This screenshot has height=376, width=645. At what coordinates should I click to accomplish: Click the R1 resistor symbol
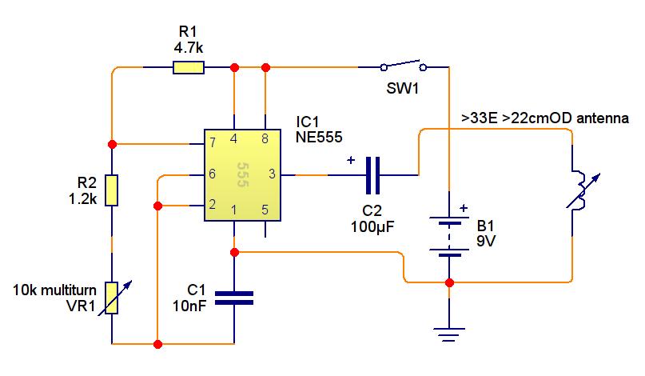point(189,67)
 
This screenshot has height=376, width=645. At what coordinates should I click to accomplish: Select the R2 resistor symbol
point(111,190)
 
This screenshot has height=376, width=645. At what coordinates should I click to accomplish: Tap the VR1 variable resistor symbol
point(113,298)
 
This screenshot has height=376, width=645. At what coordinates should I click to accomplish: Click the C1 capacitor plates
point(234,298)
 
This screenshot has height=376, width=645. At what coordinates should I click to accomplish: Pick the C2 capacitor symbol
point(372,175)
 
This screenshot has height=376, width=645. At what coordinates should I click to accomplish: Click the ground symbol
point(449,334)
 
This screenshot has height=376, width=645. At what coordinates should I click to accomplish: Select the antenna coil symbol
point(582,190)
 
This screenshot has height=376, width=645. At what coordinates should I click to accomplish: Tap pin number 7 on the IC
point(213,142)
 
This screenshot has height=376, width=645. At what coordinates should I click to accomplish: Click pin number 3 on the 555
point(272,174)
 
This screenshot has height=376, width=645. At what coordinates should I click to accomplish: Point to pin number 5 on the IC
point(265,210)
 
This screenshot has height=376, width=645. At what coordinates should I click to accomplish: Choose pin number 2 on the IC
point(213,204)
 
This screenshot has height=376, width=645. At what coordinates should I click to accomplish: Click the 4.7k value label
point(189,48)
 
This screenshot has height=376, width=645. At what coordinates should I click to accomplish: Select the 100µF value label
point(372,226)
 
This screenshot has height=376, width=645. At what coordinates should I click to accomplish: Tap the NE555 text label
point(319,137)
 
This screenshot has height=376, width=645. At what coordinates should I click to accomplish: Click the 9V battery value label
point(486,241)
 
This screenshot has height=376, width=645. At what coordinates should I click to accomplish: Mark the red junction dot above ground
point(449,282)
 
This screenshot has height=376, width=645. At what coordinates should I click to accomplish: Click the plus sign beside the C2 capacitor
point(351,160)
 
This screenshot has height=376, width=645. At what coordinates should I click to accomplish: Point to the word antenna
point(603,118)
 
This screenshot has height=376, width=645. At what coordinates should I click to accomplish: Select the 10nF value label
point(189,306)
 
